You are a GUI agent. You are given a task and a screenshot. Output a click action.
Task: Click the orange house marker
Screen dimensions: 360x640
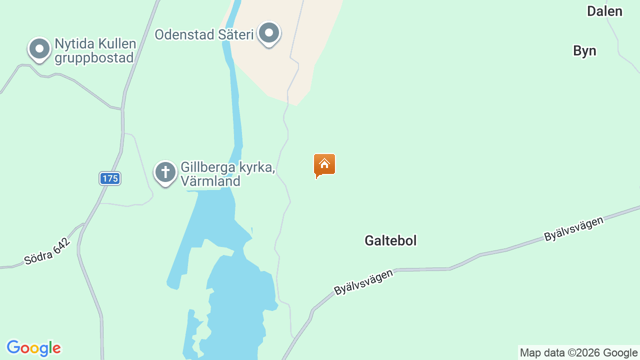(x=324, y=164)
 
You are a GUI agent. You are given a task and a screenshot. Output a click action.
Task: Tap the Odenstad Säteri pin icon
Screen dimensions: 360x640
(x=269, y=33)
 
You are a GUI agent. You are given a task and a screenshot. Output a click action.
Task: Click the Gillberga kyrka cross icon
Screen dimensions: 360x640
(x=165, y=172)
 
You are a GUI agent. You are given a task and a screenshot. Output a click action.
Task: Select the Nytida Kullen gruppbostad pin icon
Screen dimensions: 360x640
(x=39, y=49)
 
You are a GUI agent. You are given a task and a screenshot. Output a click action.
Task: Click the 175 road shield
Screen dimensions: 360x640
(x=110, y=178)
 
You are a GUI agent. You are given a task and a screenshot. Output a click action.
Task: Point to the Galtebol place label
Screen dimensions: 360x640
(x=390, y=240)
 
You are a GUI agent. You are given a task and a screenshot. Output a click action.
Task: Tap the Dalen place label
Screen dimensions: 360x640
(x=604, y=11)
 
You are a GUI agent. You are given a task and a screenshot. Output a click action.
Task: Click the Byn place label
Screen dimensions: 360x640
(x=584, y=51)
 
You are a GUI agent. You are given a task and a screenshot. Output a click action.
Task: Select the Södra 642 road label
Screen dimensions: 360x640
(x=47, y=250)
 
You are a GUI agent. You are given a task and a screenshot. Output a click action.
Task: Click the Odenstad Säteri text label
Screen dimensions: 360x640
(x=204, y=34)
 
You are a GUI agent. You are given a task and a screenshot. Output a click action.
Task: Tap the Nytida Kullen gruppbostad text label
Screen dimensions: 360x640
(x=95, y=50)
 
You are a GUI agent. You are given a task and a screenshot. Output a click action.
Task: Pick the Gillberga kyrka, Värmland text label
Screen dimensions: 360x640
(x=228, y=173)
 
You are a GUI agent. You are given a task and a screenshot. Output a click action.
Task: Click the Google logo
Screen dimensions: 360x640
(x=33, y=348)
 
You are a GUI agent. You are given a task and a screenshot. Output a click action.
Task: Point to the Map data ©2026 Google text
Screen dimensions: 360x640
(x=578, y=353)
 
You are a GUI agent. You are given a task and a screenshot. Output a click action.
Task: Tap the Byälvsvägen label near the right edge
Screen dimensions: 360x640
(x=573, y=228)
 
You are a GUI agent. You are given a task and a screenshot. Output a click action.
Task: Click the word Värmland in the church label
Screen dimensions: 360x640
(x=210, y=181)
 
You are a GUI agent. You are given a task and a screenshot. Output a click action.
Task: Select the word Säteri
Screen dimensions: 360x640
(x=236, y=34)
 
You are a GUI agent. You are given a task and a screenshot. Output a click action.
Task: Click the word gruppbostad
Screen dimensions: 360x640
(x=94, y=57)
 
